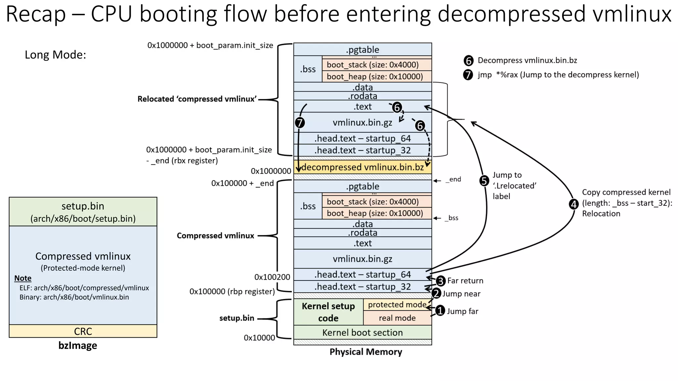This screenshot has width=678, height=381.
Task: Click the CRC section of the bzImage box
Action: (83, 331)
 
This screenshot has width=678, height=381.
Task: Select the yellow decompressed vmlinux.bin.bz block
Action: (363, 167)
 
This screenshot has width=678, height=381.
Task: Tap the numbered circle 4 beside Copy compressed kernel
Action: (574, 204)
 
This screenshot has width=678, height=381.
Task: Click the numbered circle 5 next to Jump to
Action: (484, 181)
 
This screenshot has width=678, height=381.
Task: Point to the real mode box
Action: (397, 318)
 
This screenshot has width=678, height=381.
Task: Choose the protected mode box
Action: (397, 305)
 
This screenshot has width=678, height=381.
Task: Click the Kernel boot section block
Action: (363, 332)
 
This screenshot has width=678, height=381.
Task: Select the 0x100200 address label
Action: (272, 277)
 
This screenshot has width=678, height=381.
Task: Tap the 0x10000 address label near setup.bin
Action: (259, 338)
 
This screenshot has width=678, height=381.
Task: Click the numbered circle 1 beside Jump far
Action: (440, 311)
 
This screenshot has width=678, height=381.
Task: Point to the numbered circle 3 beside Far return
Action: (440, 281)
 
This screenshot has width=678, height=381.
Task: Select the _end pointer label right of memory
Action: (455, 180)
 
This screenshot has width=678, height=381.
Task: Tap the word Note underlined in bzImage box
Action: (23, 278)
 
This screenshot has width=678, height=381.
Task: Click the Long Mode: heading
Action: (55, 55)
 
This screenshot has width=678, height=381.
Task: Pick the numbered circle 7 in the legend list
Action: (468, 75)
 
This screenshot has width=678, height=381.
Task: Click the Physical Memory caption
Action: (365, 352)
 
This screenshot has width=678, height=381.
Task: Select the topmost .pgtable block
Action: (363, 50)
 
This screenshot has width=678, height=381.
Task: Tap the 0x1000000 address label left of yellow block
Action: (271, 171)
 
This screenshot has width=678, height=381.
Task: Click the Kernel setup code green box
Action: (328, 312)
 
